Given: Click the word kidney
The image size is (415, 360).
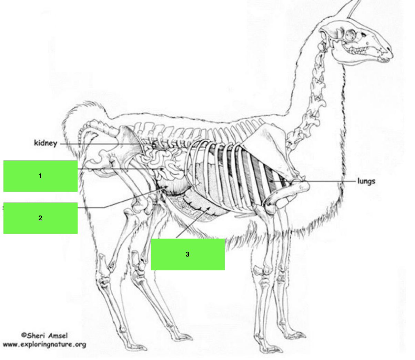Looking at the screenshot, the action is [x=45, y=143].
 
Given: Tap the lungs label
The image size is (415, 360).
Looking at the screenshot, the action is [x=366, y=181].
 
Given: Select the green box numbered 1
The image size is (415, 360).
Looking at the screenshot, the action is [x=40, y=176].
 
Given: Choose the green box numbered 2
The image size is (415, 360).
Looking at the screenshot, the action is [x=40, y=218].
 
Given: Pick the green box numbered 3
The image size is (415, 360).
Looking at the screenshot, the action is [x=188, y=254].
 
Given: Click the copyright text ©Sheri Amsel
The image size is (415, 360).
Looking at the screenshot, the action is [x=44, y=336].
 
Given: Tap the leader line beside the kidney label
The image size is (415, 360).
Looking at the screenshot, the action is [x=103, y=144].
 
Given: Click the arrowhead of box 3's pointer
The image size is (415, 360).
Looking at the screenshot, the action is [x=209, y=208].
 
